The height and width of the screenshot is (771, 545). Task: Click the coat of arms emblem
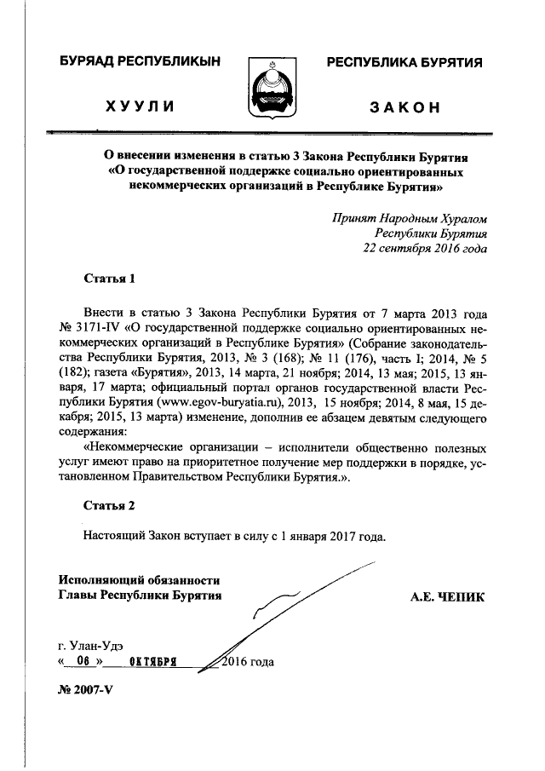click(272, 89)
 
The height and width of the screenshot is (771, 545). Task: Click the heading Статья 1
click(109, 279)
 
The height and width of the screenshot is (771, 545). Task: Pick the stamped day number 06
click(83, 662)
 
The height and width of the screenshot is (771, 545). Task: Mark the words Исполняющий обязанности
click(140, 579)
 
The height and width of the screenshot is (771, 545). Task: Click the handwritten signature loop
click(281, 607)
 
